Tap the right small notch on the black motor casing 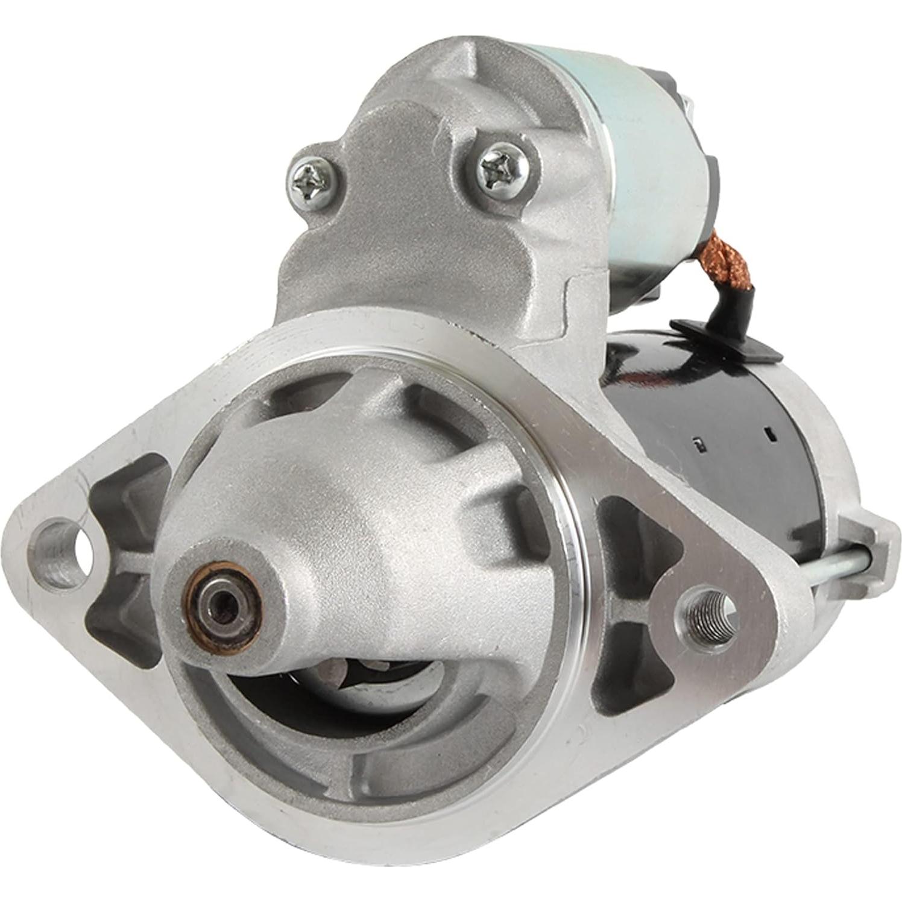click(768, 432)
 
